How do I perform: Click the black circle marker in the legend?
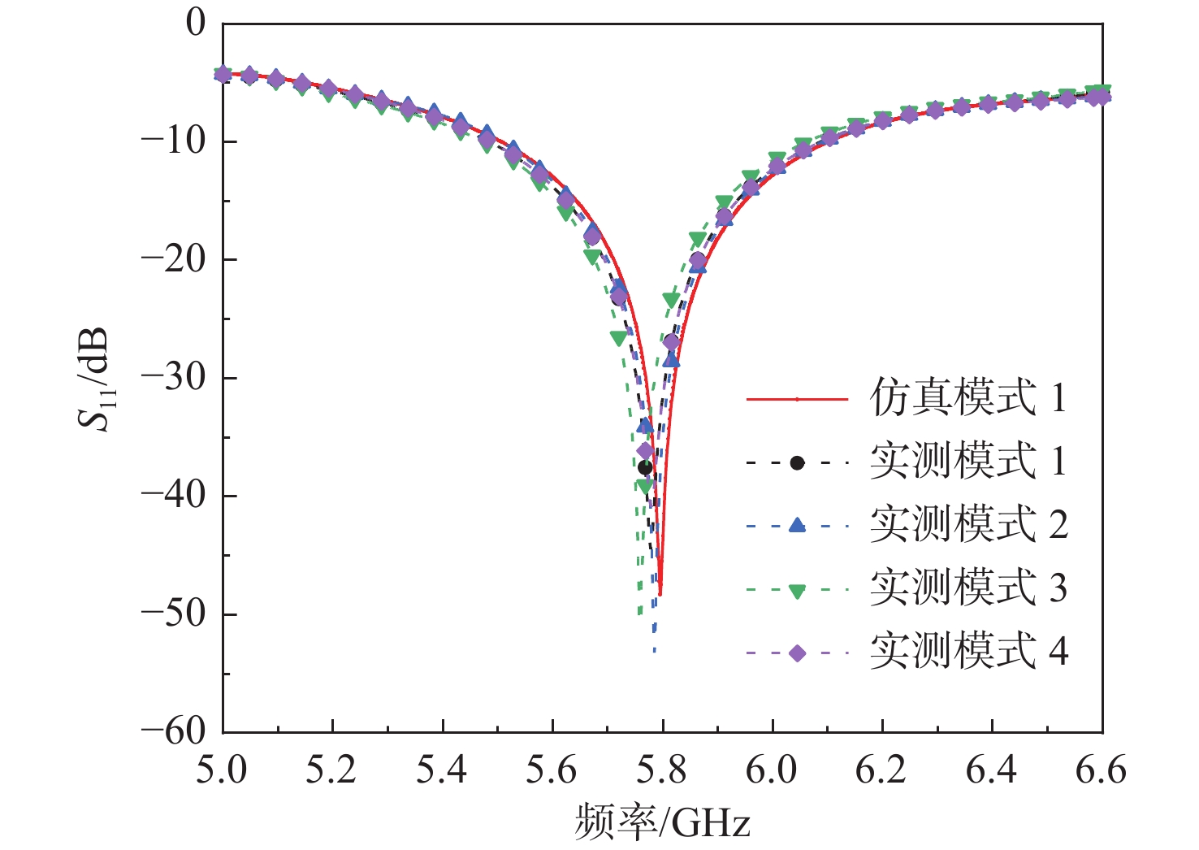point(797,463)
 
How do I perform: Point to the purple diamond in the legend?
point(797,653)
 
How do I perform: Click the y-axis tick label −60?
point(174,731)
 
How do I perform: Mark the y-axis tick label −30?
point(174,378)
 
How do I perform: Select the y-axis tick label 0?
point(197,24)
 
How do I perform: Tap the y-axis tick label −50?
point(174,614)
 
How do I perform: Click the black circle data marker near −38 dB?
point(645,467)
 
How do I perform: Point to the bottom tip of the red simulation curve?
point(660,595)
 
